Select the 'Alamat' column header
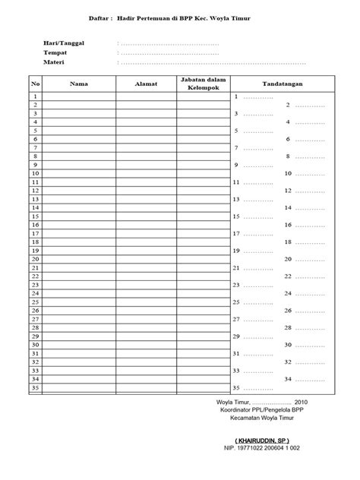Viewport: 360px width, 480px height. [x=146, y=84]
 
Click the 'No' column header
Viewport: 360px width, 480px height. [x=35, y=84]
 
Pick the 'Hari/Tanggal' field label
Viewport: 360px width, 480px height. [x=64, y=44]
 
